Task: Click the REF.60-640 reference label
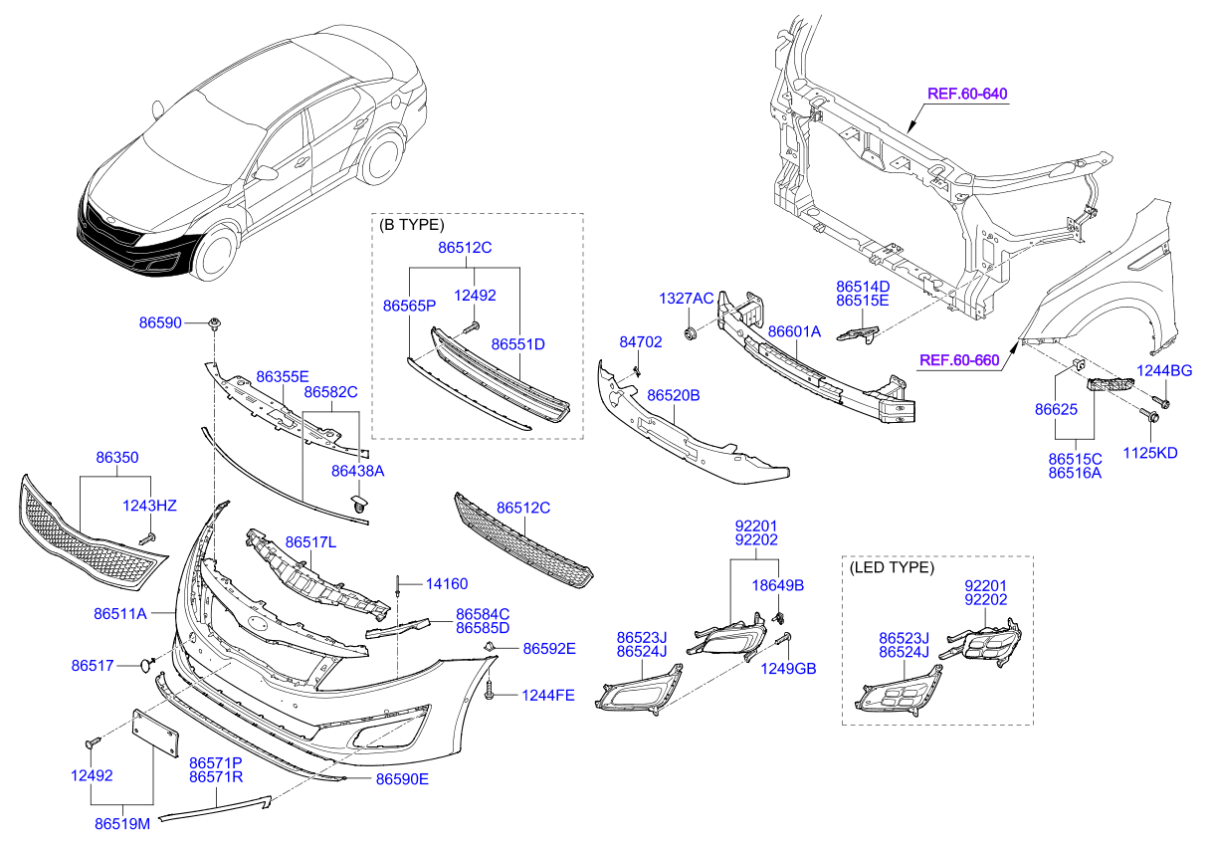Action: point(967,95)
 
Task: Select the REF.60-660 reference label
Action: point(958,360)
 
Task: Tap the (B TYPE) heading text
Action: point(412,225)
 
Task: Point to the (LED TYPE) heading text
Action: point(891,567)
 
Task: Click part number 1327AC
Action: point(686,299)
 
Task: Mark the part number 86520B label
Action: point(673,395)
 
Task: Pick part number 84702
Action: point(640,341)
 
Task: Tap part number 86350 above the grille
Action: point(116,458)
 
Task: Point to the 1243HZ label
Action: point(149,506)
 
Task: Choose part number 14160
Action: point(447,584)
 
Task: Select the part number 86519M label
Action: point(122,823)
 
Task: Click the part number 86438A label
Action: point(357,470)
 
